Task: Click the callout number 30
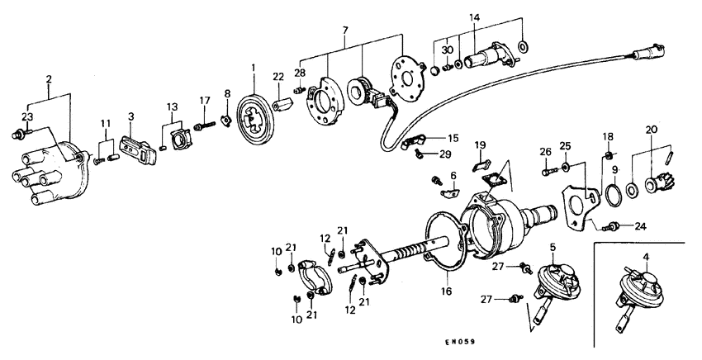[x=447, y=50]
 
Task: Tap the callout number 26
[x=544, y=151]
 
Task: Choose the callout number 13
[x=172, y=107]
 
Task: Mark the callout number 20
[x=652, y=130]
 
